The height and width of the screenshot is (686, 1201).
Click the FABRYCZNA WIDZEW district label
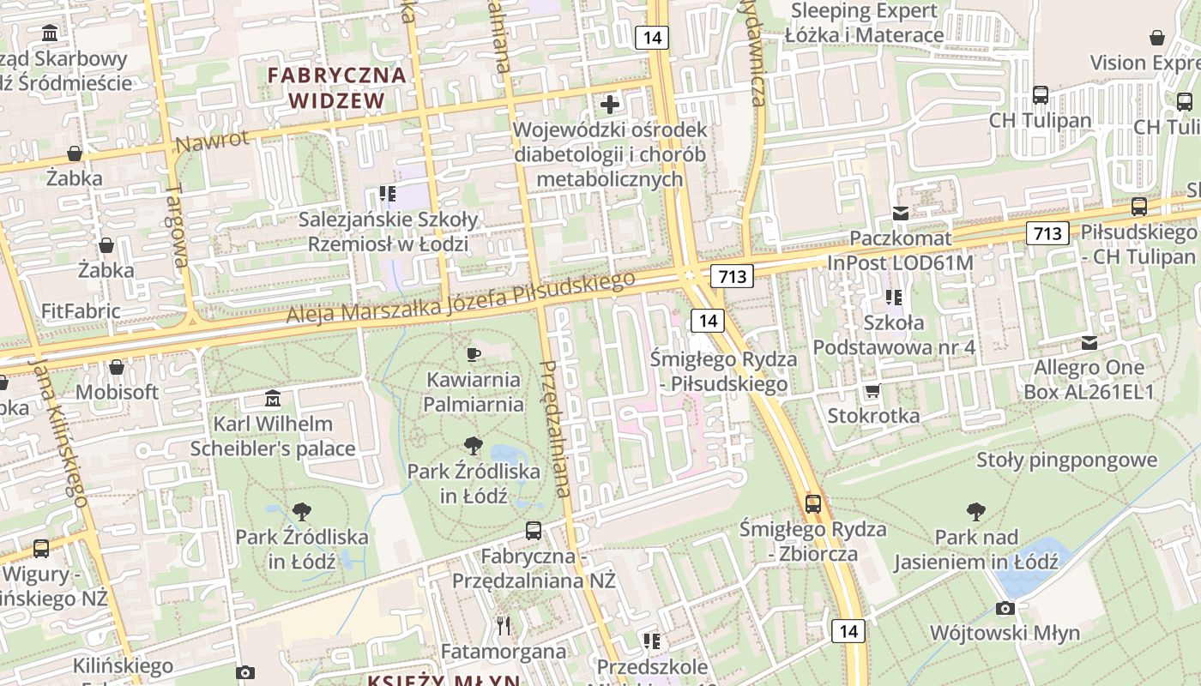pos(336,87)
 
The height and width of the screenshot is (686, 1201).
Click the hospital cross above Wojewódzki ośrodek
pos(610,105)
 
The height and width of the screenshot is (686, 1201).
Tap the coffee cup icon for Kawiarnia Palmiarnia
pos(473,354)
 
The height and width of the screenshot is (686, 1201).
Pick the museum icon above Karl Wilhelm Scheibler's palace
pos(273,399)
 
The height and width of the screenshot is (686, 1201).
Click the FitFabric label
pos(81,310)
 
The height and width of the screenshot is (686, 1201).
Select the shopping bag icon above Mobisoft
pos(117,367)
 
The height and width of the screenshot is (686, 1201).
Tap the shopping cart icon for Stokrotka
pos(872,391)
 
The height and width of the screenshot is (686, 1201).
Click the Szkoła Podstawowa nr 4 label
pos(894,335)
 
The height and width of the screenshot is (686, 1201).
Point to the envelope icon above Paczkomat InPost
pos(901,214)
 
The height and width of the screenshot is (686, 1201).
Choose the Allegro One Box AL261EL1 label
pos(1089,379)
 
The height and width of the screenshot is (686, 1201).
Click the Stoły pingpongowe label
pos(1067,460)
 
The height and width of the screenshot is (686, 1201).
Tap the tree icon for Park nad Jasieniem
pos(975,512)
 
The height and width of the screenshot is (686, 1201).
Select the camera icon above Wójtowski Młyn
pos(1005,609)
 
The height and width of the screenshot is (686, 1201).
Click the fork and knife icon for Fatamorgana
pos(504,626)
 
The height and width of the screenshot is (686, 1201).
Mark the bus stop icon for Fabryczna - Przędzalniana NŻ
pos(534,531)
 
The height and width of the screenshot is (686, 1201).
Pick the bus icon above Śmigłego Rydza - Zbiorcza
pos(812,503)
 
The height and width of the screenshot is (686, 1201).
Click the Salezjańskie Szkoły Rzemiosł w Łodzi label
pos(388,232)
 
